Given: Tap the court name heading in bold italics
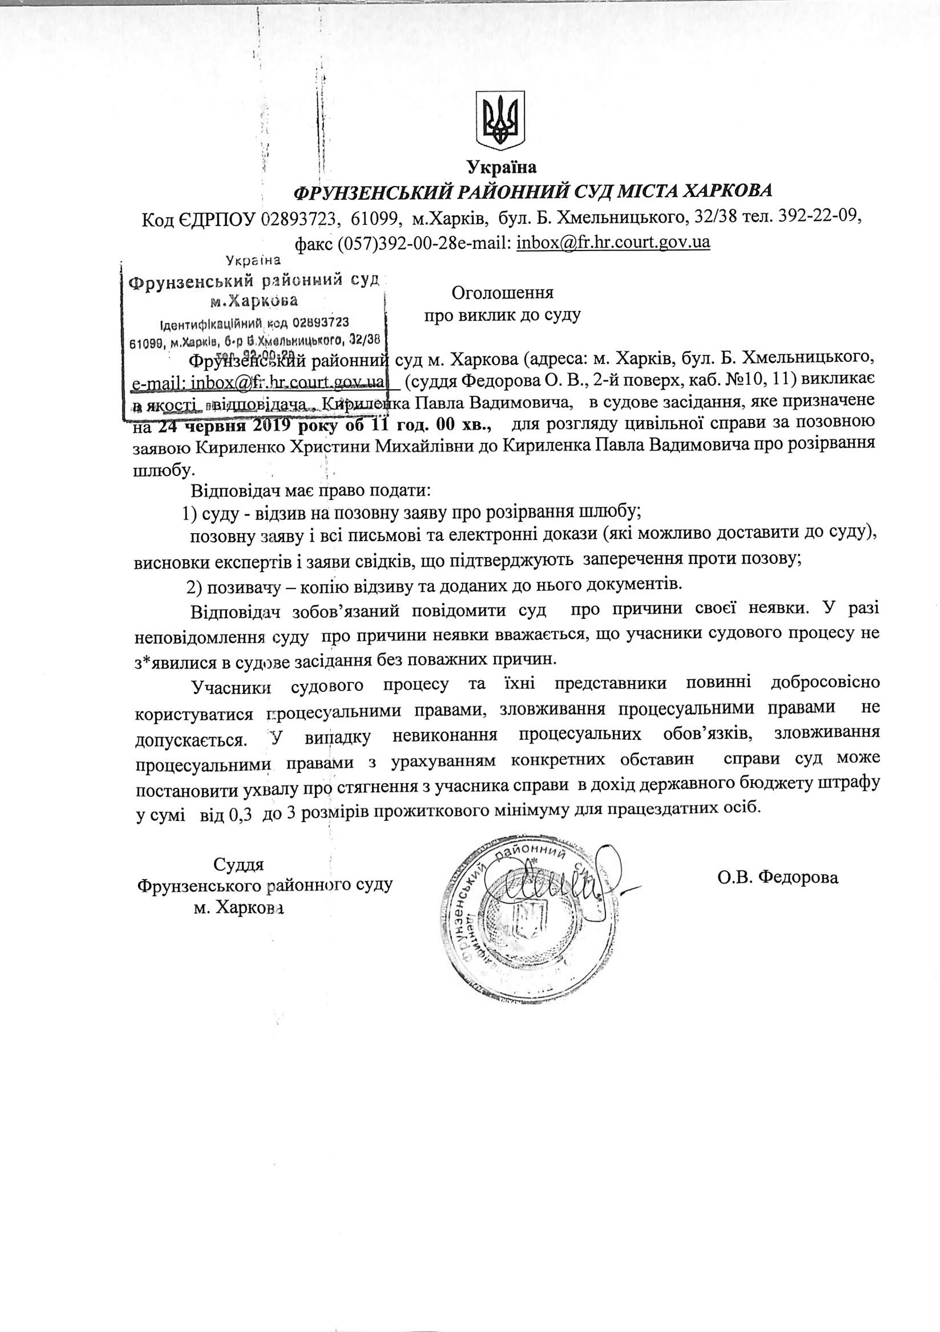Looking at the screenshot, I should (534, 192).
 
